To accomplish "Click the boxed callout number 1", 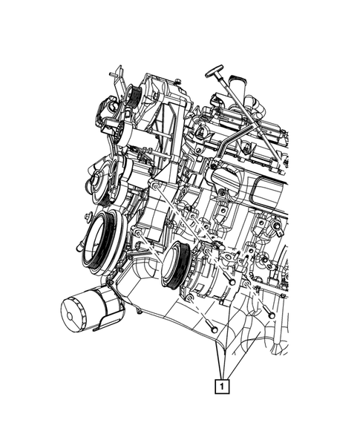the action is (222, 386).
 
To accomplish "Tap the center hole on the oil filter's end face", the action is (69, 316).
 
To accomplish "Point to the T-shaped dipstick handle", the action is (215, 71).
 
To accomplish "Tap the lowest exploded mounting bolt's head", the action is (214, 329).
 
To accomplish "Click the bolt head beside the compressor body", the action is (232, 283).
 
